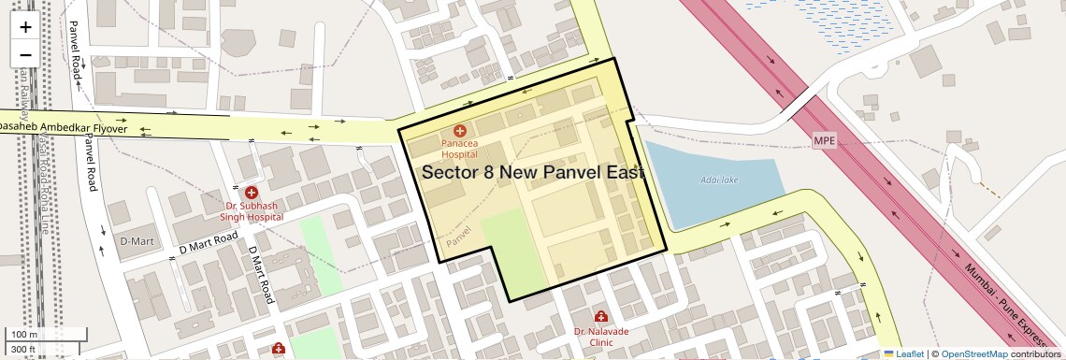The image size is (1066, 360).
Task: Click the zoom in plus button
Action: (25, 27)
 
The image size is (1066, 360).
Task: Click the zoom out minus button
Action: (25, 54)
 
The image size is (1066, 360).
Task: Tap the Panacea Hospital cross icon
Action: (459, 132)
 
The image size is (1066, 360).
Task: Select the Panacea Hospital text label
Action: (460, 149)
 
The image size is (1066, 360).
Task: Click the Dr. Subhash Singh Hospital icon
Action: (252, 192)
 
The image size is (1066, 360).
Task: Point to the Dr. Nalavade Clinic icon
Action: (600, 317)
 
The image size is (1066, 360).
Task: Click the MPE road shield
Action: (824, 141)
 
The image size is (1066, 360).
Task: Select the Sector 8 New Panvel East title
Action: (533, 173)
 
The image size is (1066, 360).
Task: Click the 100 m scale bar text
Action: (24, 335)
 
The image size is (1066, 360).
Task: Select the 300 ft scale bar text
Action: (23, 350)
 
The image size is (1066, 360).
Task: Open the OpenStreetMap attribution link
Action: (973, 353)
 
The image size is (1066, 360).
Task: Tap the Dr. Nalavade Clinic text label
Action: (600, 337)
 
